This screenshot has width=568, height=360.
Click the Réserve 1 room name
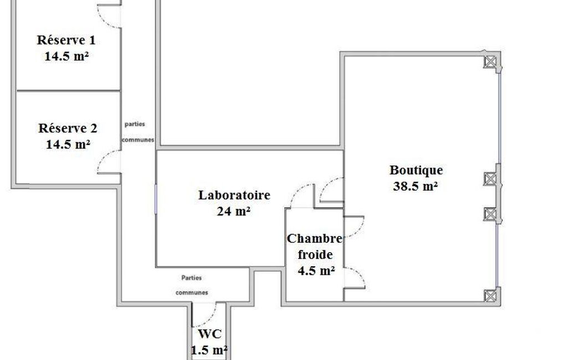coord(66,40)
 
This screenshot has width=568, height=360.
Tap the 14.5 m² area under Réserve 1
coord(67,56)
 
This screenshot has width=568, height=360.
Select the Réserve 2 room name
coord(68,128)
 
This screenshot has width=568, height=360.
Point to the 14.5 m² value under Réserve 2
coord(68,145)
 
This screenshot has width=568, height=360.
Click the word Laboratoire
coord(234,195)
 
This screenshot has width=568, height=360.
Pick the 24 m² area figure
coord(234,211)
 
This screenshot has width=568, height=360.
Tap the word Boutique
coord(416,170)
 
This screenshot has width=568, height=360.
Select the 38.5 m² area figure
coord(416,186)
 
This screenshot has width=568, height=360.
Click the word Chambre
coord(314,239)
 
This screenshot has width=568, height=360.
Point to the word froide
coord(315,254)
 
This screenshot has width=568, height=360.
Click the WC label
coord(210,334)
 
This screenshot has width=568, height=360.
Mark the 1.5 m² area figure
coord(209,350)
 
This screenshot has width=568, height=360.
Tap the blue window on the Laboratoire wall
coord(156,199)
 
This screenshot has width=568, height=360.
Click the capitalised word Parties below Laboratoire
coord(192,278)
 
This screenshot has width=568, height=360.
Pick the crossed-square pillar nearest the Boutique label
coord(490,178)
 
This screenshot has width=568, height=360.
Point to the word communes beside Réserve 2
coord(138,140)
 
